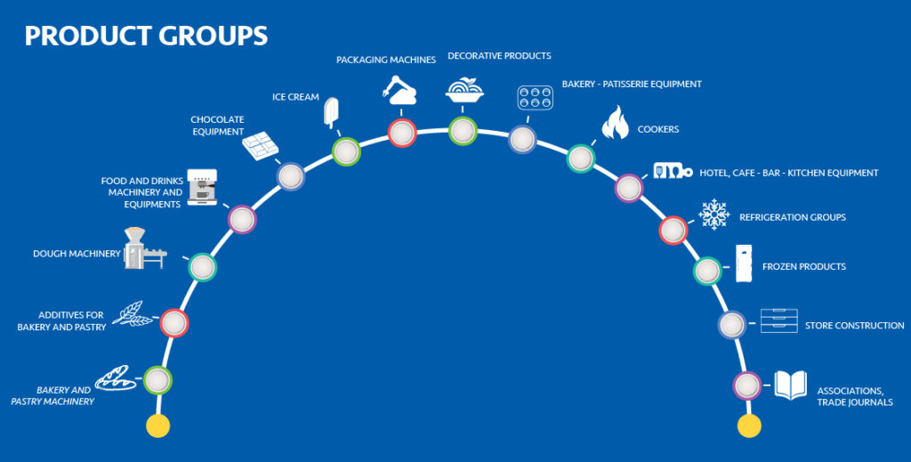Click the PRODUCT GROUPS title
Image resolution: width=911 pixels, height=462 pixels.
(x=146, y=36)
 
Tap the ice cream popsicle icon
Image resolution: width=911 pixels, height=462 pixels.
(x=332, y=113)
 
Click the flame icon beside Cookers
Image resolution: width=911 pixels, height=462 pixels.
(x=615, y=124)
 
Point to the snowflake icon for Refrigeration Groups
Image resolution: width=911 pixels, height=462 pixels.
(x=713, y=215)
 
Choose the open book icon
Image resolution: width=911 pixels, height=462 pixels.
(x=790, y=385)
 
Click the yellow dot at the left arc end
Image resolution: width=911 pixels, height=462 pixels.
(x=157, y=426)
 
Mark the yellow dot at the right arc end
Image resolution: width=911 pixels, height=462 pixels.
(x=750, y=426)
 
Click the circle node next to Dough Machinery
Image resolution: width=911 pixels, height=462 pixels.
(x=202, y=266)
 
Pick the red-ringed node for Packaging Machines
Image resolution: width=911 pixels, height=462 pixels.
(x=402, y=133)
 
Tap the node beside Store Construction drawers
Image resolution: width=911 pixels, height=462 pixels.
(x=731, y=325)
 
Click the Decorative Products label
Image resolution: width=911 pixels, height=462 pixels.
(x=499, y=56)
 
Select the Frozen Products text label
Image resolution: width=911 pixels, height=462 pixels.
(x=803, y=267)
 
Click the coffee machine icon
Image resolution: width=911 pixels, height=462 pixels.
(x=202, y=185)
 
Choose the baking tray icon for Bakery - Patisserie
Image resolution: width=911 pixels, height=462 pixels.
(x=536, y=99)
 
